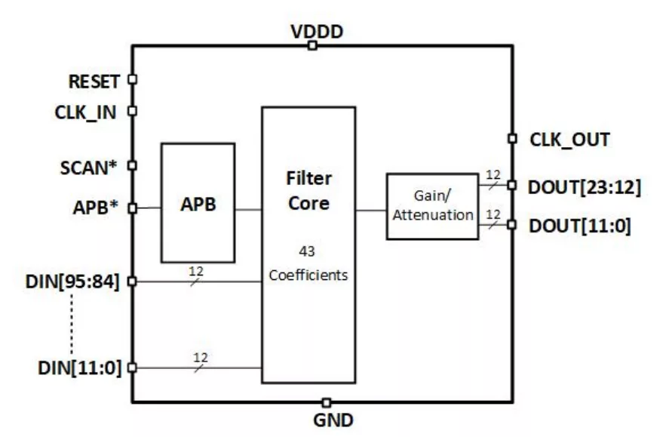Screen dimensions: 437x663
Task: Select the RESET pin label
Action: (x=94, y=82)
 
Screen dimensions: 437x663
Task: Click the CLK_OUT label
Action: (x=569, y=140)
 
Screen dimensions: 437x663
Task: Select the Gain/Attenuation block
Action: (x=432, y=206)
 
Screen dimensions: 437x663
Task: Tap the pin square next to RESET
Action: (x=132, y=78)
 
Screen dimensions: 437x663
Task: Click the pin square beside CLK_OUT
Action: (x=512, y=138)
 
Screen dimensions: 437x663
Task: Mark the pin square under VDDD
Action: (x=312, y=46)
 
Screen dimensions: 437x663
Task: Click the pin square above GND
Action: (x=326, y=402)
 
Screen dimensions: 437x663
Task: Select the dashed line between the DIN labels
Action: (x=72, y=325)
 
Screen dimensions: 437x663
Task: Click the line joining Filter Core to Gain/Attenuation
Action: (x=370, y=211)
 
